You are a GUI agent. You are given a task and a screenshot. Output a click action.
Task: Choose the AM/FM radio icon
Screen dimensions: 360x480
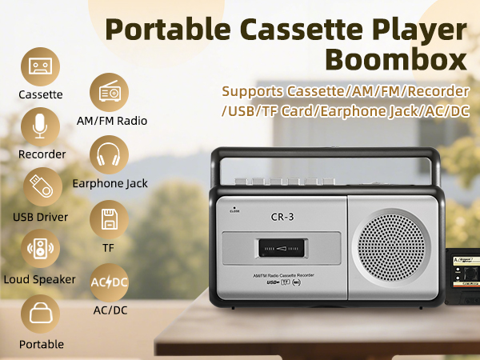[110, 93]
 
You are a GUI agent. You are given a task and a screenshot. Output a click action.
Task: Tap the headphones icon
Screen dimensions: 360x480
[110, 154]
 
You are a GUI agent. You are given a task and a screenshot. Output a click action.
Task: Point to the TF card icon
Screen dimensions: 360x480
[110, 218]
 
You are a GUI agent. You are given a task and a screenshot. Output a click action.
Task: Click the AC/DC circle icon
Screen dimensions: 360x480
[110, 282]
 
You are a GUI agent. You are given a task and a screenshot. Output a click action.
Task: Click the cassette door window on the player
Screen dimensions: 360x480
[279, 249]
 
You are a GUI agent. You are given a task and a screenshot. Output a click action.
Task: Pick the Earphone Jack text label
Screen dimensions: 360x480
[110, 184]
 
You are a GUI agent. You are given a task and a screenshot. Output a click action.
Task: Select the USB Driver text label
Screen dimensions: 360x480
[40, 217]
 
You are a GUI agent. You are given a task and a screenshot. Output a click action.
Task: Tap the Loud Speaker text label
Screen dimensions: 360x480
[40, 279]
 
